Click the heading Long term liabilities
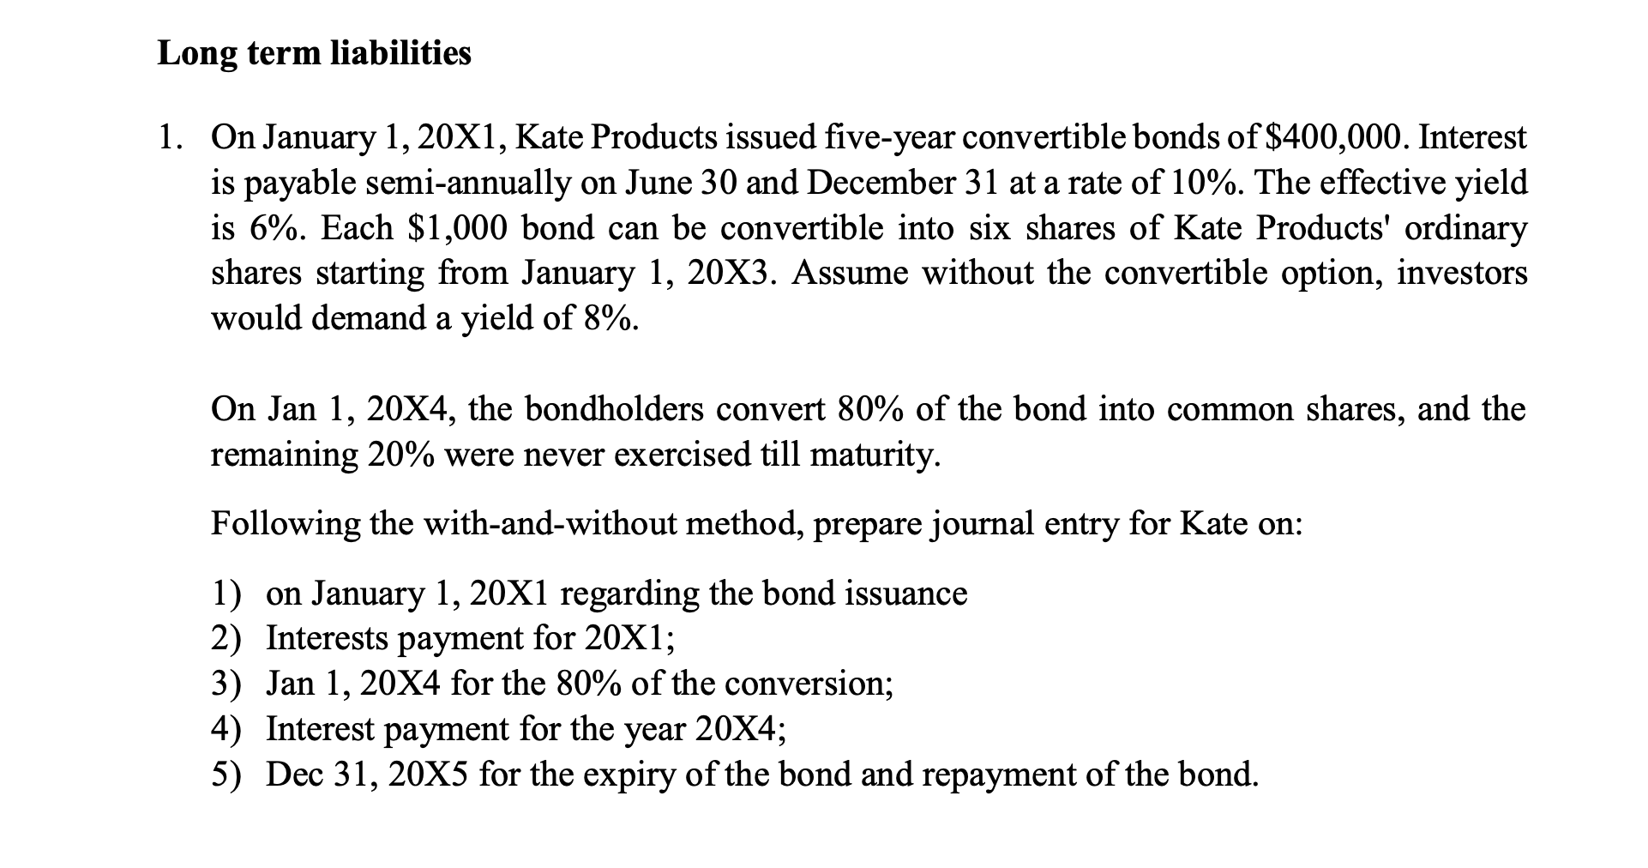click(314, 54)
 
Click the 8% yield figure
click(610, 319)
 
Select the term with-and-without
click(586, 523)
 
